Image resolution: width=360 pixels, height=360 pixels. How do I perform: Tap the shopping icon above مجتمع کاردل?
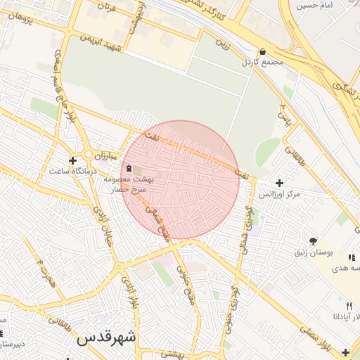pos(262,52)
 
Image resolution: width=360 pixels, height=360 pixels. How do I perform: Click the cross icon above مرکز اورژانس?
pos(280,183)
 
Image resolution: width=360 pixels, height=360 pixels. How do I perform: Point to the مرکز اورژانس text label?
pos(279,193)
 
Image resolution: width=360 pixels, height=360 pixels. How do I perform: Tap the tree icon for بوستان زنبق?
pos(313,241)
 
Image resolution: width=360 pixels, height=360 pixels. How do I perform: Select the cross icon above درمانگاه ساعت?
pos(72,161)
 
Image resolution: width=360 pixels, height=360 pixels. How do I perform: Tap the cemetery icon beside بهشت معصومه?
pos(128,169)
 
